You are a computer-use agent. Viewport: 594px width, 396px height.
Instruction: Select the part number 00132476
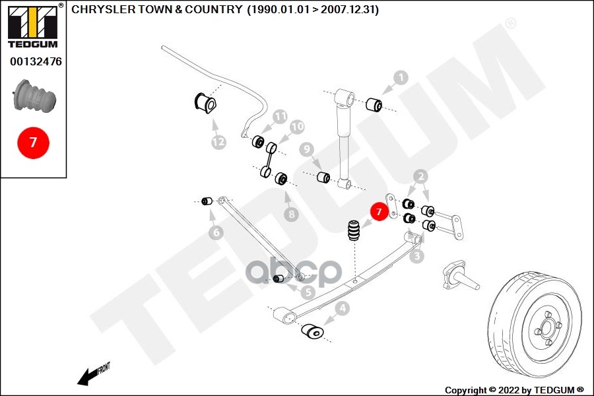(x=36, y=62)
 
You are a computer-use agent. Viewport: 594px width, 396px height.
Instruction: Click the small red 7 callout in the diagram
(x=378, y=212)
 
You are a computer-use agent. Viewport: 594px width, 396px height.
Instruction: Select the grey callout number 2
(x=420, y=176)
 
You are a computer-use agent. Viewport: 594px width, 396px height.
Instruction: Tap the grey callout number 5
(x=308, y=291)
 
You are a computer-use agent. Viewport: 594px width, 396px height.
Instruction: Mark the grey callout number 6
(x=216, y=232)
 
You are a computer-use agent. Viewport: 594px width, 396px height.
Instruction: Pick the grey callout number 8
(x=291, y=214)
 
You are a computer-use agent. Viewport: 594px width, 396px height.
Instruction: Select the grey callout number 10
(x=296, y=126)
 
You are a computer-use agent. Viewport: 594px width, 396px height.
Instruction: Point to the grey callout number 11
(x=280, y=116)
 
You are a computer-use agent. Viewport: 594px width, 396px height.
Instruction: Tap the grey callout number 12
(x=218, y=141)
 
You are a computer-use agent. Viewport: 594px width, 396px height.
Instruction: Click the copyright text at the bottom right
(x=514, y=389)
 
